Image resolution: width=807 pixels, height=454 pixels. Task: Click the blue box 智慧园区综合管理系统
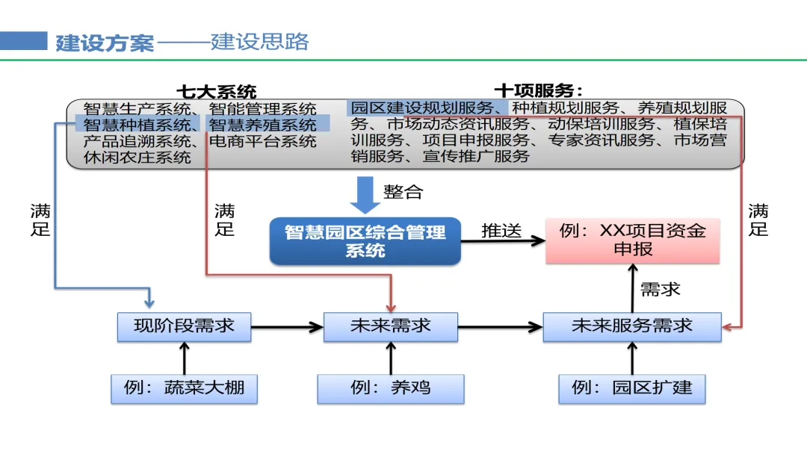point(365,241)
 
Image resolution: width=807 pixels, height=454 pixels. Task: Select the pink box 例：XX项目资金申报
point(633,240)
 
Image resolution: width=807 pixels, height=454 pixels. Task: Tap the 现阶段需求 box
point(185,326)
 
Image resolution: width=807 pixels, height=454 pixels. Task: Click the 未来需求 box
point(391,326)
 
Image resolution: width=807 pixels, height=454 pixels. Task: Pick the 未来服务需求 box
point(632,326)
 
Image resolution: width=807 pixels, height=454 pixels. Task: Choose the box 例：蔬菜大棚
point(185,389)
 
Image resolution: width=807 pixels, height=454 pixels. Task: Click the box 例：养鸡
point(391,389)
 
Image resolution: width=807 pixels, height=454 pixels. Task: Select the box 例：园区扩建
point(632,389)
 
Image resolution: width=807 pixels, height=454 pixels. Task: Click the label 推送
point(501,231)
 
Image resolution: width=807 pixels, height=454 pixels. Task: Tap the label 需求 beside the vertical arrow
point(661,290)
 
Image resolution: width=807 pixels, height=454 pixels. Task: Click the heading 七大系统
point(216,92)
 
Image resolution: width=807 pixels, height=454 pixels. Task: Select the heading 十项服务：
point(538,91)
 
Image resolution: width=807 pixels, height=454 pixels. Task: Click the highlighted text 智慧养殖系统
point(262,125)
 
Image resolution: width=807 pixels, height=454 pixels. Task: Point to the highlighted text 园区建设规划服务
point(422,108)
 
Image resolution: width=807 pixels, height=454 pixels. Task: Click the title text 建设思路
point(260,42)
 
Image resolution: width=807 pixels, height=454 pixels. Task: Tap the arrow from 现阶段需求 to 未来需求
point(287,327)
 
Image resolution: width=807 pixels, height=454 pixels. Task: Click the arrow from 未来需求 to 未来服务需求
point(500,327)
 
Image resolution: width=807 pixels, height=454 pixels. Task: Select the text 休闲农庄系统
point(137,158)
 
